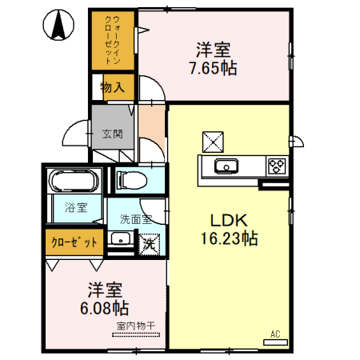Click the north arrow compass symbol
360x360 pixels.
(x=58, y=26)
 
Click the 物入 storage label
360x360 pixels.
(x=111, y=87)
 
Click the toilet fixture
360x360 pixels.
(x=132, y=180)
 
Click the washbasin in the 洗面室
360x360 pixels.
(x=121, y=239)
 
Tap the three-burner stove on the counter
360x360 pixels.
(x=276, y=166)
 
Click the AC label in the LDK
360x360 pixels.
(x=274, y=334)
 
